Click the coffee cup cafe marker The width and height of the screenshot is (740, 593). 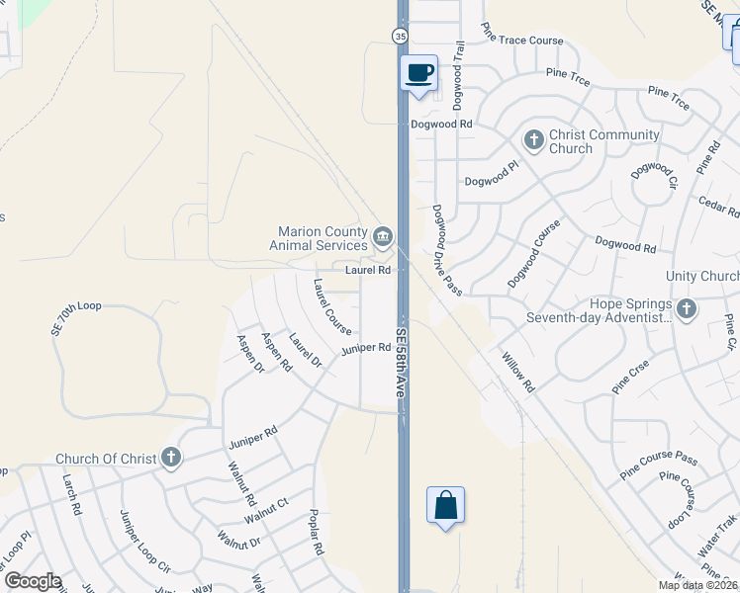tap(419, 73)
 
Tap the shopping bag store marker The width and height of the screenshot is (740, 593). tap(445, 505)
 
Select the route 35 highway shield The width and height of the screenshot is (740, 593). tap(400, 36)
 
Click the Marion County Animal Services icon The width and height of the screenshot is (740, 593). tap(383, 238)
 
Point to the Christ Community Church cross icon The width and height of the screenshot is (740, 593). tap(533, 140)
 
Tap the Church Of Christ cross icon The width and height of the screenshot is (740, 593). tap(171, 458)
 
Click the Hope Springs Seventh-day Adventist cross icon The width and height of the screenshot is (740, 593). tap(687, 310)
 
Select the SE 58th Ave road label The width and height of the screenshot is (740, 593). tap(401, 363)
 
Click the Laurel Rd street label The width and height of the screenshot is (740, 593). tap(367, 270)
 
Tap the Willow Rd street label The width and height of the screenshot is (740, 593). tap(517, 373)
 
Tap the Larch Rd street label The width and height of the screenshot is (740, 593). tap(70, 495)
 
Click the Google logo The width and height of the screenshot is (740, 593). tap(32, 581)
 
